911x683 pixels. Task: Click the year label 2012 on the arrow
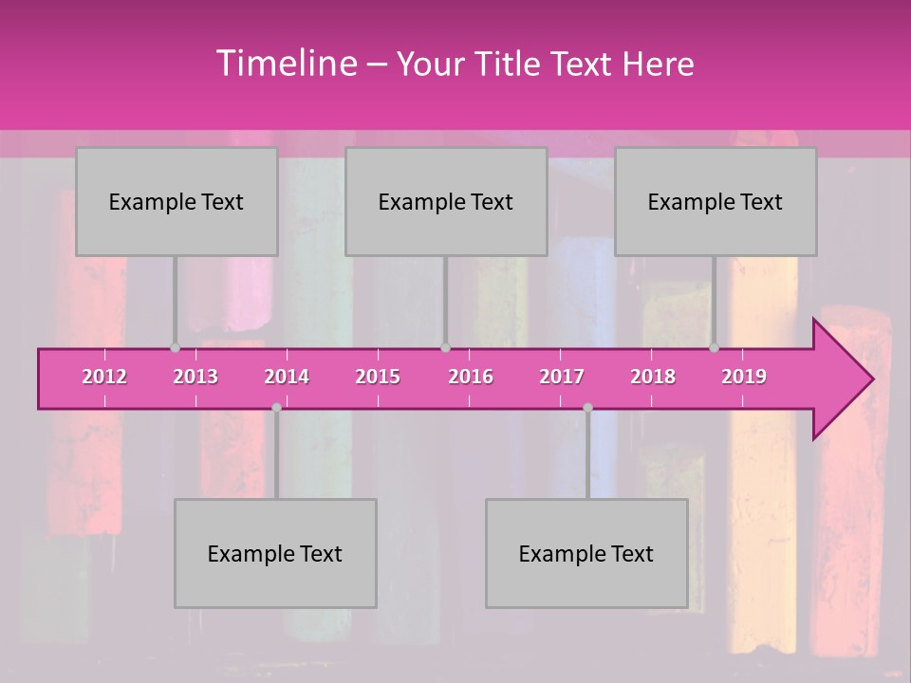point(104,377)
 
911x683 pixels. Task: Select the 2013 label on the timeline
point(195,377)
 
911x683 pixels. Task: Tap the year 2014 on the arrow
point(287,377)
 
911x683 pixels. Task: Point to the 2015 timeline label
point(378,377)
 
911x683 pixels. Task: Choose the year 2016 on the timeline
point(471,377)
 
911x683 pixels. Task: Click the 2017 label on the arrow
point(562,377)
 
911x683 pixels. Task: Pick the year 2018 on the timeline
point(653,377)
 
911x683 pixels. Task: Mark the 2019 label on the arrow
point(744,377)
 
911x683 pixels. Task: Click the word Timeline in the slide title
point(285,64)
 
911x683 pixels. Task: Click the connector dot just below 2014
point(276,407)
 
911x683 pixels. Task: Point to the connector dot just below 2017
point(587,407)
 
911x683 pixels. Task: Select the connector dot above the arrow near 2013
point(175,348)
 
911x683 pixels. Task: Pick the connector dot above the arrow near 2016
point(445,348)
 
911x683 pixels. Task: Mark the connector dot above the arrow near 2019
point(714,348)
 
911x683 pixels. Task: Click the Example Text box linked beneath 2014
point(275,553)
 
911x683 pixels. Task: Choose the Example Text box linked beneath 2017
point(586,553)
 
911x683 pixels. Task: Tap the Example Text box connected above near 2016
point(446,201)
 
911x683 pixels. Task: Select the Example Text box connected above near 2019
point(716,201)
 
